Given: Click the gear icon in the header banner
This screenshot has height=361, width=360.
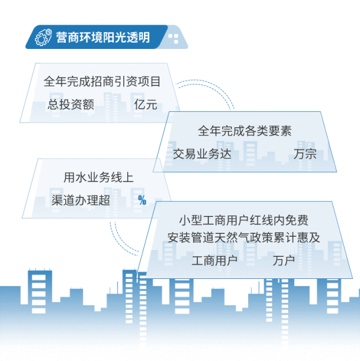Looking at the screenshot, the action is [42, 38].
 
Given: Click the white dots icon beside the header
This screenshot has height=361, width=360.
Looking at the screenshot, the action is [173, 38].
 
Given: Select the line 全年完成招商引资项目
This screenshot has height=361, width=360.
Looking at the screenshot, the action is [102, 82].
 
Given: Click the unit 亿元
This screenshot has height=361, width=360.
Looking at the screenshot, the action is [146, 104].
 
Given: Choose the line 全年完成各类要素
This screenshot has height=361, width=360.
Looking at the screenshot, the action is [244, 131].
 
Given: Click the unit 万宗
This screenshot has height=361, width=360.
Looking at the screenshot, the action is [305, 154].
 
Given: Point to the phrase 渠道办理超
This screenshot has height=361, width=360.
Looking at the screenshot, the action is [80, 200].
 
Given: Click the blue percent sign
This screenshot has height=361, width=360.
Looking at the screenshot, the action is [142, 200].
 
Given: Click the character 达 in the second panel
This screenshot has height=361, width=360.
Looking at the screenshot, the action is [225, 154].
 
